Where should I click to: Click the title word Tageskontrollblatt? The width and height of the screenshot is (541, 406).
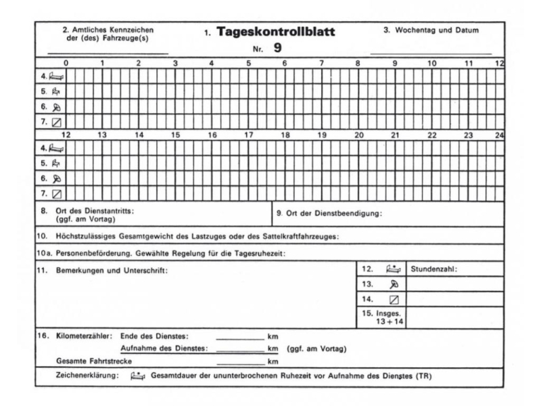point(278,32)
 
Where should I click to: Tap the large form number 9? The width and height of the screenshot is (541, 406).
point(278,47)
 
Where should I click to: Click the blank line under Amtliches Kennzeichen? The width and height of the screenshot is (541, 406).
point(108,52)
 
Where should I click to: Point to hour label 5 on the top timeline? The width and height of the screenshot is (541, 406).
point(248,63)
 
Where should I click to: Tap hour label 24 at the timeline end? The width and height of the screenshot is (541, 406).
point(499,135)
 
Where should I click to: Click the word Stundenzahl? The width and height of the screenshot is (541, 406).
point(433,269)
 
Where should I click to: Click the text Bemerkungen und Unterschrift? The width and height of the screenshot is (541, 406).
point(112,270)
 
